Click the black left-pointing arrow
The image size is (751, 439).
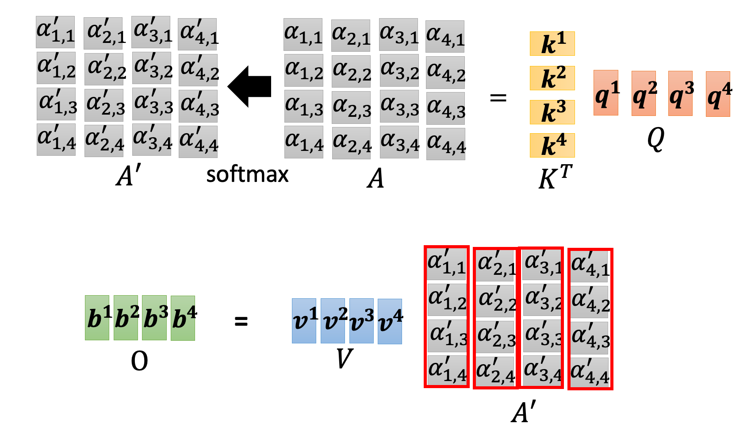coord(250,87)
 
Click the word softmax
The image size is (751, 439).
coord(247,174)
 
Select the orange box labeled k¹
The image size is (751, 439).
coord(552,43)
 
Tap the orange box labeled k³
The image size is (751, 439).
coord(552,112)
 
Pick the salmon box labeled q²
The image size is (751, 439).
coord(644,93)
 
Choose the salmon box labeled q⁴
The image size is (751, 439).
coord(718,94)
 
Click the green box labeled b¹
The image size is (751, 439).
coord(97,318)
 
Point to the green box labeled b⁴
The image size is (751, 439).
coord(183,318)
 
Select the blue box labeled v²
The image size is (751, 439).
coord(333,321)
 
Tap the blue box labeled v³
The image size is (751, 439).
coord(361,321)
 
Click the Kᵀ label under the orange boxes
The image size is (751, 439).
coord(555,177)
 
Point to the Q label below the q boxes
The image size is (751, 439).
coord(655,139)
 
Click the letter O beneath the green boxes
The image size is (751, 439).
coord(139,362)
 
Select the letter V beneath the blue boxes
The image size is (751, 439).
coord(344,358)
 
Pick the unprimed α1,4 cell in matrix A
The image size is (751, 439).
coord(304,142)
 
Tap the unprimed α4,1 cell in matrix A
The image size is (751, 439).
coord(445,36)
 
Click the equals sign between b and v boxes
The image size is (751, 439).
coord(241,322)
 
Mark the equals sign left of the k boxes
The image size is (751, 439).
coord(498,97)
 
